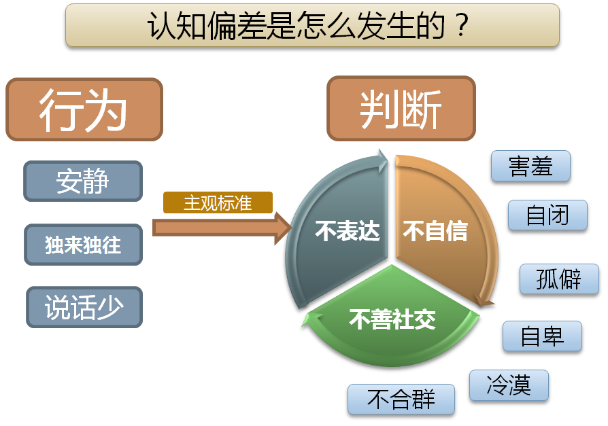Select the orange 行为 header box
click(84, 109)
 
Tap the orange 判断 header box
click(401, 109)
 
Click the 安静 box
click(83, 181)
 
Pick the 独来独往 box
click(83, 245)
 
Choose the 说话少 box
click(84, 307)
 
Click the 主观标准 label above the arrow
click(218, 202)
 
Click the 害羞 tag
click(530, 166)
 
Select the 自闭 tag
click(547, 215)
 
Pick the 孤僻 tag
click(559, 279)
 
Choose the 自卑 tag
click(542, 336)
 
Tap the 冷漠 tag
click(509, 385)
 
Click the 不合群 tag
click(401, 399)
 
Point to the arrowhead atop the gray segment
click(381, 160)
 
